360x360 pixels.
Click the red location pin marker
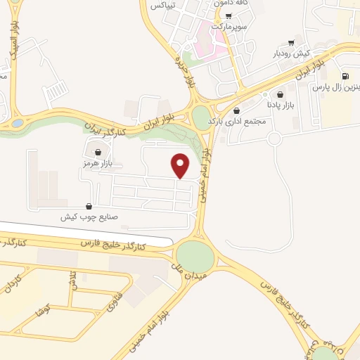pyautogui.click(x=181, y=165)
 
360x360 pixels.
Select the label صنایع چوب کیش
pyautogui.click(x=87, y=217)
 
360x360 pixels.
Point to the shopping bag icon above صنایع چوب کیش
pyautogui.click(x=89, y=207)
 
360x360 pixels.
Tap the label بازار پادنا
pyautogui.click(x=281, y=105)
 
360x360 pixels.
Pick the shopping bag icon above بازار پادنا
pyautogui.click(x=281, y=94)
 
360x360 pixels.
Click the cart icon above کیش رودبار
pyautogui.click(x=291, y=43)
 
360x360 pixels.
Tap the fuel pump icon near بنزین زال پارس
pyautogui.click(x=345, y=77)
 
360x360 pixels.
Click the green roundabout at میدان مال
pyautogui.click(x=195, y=256)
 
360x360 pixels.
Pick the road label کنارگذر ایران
pyautogui.click(x=107, y=129)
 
